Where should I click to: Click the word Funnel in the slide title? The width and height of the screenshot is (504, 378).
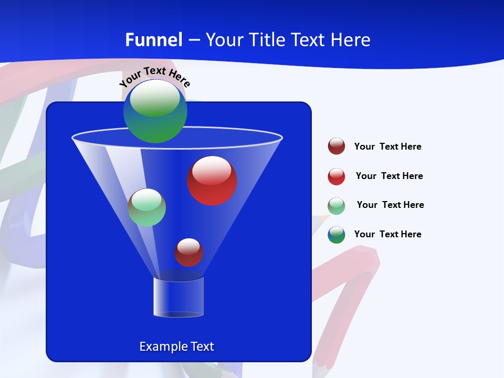coord(154,40)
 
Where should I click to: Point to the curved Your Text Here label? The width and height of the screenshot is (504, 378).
coord(155,77)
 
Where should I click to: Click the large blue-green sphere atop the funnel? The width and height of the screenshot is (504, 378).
coord(155,111)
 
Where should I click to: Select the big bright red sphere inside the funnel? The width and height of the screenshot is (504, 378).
coord(212,181)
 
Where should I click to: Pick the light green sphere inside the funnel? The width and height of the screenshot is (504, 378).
coord(146,207)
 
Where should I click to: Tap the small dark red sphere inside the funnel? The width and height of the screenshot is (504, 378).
coord(188,252)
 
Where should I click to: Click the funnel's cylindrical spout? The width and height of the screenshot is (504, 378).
coord(178,297)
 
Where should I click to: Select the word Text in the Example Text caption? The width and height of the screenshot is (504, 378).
coord(201,346)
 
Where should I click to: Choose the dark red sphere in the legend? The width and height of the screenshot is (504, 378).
coord(337,146)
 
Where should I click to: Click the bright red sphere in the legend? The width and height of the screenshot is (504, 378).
coord(337,176)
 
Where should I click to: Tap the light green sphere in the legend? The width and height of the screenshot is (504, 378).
coord(337,206)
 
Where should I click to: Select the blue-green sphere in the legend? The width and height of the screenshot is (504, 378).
coord(337,235)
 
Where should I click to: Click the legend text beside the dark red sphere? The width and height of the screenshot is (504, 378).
coord(387,146)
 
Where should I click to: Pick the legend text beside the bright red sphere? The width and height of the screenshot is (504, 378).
coord(389,176)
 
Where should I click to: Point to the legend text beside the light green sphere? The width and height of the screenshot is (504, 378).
coord(390,205)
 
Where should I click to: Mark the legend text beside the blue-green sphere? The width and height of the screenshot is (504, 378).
coord(387,234)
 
